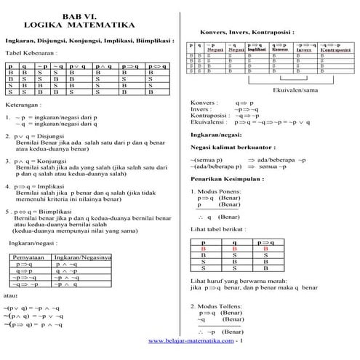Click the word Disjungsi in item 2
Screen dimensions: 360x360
[53, 136]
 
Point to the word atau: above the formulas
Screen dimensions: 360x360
[11, 297]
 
